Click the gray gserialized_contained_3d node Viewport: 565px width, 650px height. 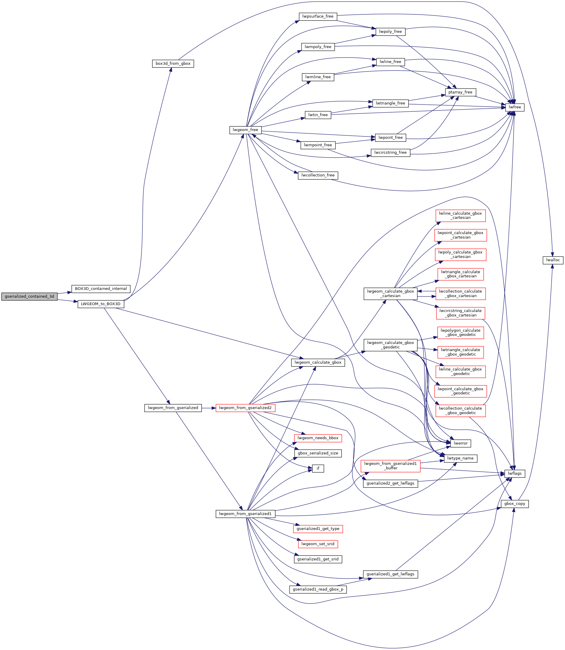pyautogui.click(x=29, y=296)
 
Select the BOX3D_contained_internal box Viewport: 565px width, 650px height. pyautogui.click(x=101, y=289)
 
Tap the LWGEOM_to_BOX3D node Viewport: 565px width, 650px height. pyautogui.click(x=101, y=304)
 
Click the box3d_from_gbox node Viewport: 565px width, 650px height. pyautogui.click(x=173, y=63)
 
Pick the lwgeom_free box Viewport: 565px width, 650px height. pyautogui.click(x=245, y=130)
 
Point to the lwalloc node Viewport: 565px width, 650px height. pyautogui.click(x=553, y=260)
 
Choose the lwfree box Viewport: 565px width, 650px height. pyautogui.click(x=515, y=107)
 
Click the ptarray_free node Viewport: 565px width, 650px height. pyautogui.click(x=460, y=92)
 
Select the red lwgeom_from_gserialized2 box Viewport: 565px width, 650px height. pyautogui.click(x=245, y=408)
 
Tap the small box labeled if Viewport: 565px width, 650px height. pyautogui.click(x=318, y=468)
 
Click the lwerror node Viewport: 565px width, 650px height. pyautogui.click(x=461, y=443)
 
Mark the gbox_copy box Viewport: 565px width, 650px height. pyautogui.click(x=515, y=504)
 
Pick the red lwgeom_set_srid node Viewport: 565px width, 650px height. pyautogui.click(x=318, y=544)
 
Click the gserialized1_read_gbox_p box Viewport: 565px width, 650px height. pyautogui.click(x=318, y=589)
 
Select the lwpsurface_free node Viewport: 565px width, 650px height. pyautogui.click(x=318, y=16)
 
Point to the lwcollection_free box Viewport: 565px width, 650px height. pyautogui.click(x=318, y=175)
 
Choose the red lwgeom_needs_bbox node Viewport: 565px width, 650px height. pyautogui.click(x=318, y=438)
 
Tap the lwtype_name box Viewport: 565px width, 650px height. pyautogui.click(x=461, y=458)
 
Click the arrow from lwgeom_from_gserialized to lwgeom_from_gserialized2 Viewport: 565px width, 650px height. pyautogui.click(x=209, y=408)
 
